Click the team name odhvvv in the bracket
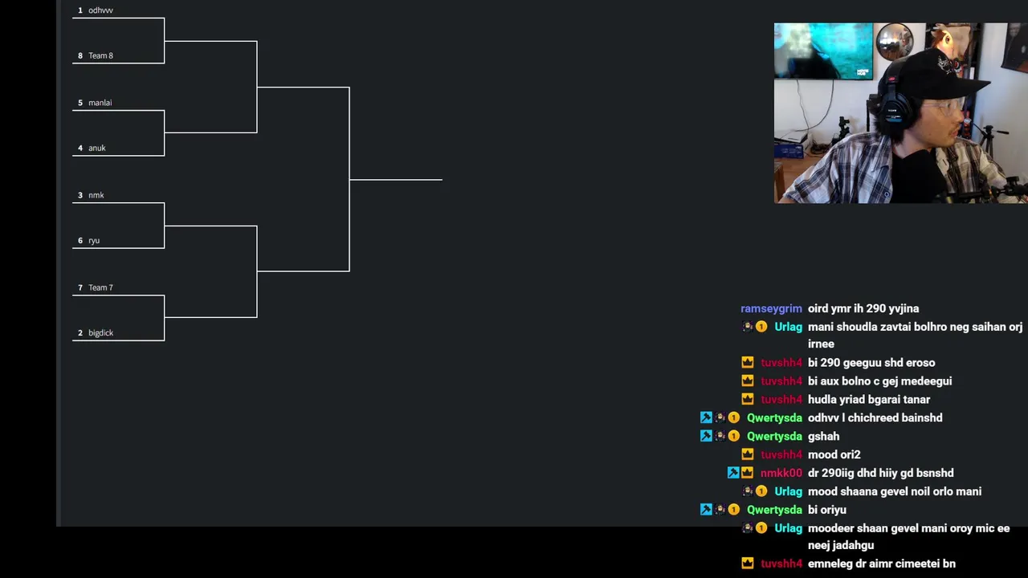point(100,10)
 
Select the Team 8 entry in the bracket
point(100,55)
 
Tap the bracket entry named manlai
point(100,102)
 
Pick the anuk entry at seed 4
point(97,148)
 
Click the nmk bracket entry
point(96,195)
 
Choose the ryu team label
point(94,240)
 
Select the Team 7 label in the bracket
point(100,287)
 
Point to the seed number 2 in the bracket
point(80,332)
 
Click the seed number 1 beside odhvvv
point(80,10)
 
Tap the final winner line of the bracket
point(396,180)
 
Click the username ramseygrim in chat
point(771,309)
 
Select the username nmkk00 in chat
point(781,473)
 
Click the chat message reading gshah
point(823,436)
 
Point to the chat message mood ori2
point(834,454)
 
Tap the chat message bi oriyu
point(827,510)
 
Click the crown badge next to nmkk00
point(747,473)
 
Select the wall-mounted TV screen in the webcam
point(823,51)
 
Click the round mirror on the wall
point(894,42)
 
